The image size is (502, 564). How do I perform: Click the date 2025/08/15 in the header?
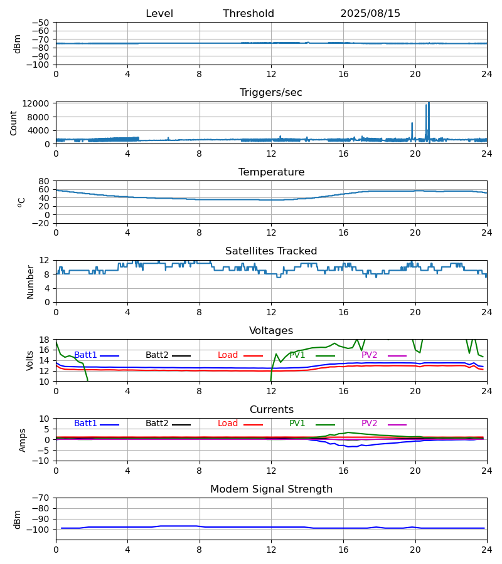pyautogui.click(x=370, y=14)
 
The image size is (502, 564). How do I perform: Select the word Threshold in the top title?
pyautogui.click(x=248, y=14)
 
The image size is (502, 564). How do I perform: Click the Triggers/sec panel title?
pyautogui.click(x=271, y=93)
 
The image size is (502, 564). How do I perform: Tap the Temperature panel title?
pyautogui.click(x=271, y=172)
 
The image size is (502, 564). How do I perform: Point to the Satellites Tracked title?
pyautogui.click(x=271, y=251)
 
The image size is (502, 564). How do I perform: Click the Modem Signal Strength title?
pyautogui.click(x=271, y=489)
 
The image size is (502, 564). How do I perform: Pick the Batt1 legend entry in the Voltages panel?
pyautogui.click(x=86, y=355)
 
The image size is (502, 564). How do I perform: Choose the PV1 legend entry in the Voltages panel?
pyautogui.click(x=301, y=355)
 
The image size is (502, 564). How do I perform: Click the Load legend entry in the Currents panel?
pyautogui.click(x=228, y=424)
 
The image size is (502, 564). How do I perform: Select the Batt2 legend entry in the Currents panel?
pyautogui.click(x=157, y=424)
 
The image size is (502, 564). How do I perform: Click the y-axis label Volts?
pyautogui.click(x=30, y=360)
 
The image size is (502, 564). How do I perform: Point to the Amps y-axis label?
pyautogui.click(x=23, y=440)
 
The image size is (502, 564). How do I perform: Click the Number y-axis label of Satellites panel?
pyautogui.click(x=30, y=281)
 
